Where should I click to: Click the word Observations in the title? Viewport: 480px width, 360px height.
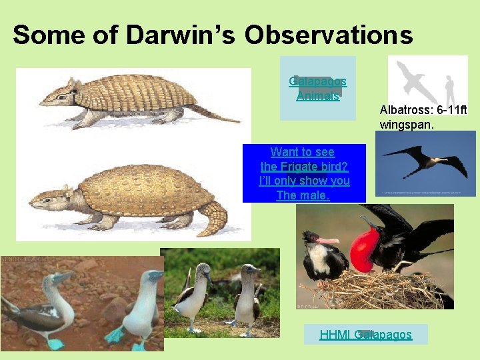pyautogui.click(x=329, y=35)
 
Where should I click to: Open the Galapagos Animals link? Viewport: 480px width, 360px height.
pyautogui.click(x=317, y=88)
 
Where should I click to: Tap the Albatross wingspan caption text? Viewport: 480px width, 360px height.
pyautogui.click(x=427, y=115)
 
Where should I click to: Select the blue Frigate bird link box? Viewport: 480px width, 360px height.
pyautogui.click(x=304, y=173)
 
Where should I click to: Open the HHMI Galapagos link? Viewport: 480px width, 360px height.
pyautogui.click(x=365, y=335)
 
